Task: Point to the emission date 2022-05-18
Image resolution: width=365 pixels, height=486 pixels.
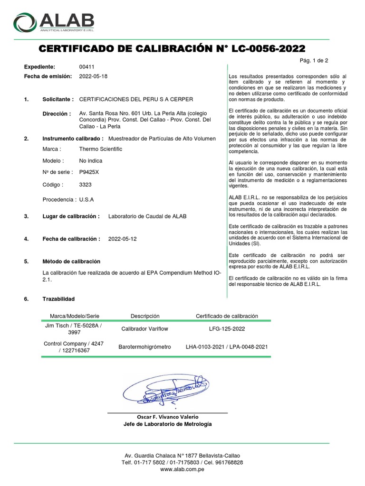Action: coord(93,76)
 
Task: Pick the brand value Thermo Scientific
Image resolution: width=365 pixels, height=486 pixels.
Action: coord(100,149)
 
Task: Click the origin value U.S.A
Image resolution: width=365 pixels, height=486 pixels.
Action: coord(86,200)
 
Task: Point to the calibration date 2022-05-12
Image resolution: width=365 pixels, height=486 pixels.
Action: coord(122,239)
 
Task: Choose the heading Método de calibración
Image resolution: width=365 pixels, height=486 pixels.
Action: coord(71,262)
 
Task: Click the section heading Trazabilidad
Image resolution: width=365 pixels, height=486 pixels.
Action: coord(58,299)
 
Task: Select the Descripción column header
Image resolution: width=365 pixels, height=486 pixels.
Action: coord(145,316)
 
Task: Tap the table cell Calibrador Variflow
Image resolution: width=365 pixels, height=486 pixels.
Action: coord(145,328)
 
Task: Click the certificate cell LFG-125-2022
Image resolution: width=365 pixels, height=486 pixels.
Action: coord(227,328)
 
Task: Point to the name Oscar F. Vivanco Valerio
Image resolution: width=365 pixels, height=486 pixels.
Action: coord(167,417)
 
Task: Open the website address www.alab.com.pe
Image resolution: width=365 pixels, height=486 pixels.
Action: coord(182,469)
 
